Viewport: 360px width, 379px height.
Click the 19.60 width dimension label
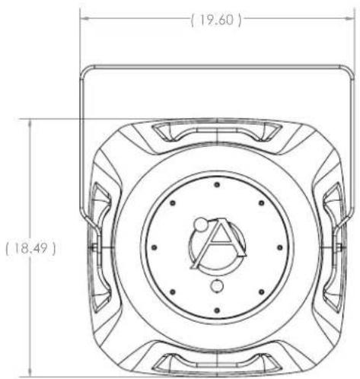point(216,20)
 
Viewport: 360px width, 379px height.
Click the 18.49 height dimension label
point(30,248)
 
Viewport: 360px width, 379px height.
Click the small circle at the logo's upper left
point(201,225)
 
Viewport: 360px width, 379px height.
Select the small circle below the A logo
point(217,286)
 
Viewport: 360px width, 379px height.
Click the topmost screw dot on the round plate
point(217,185)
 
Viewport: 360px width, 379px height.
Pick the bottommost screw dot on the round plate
point(217,310)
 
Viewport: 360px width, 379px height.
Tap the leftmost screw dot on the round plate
point(154,247)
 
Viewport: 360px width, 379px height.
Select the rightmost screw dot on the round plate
point(279,247)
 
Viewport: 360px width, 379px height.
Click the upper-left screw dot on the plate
point(173,203)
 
